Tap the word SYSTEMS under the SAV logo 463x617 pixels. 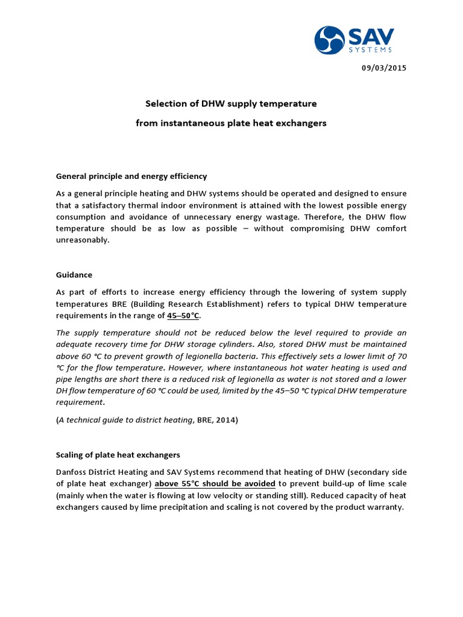[370, 50]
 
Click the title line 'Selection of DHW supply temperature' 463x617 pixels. [231, 104]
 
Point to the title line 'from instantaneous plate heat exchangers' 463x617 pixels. [231, 123]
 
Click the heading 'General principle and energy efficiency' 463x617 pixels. [131, 176]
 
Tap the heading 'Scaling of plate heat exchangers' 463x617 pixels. [118, 454]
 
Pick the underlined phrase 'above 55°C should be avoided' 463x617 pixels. [215, 484]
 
